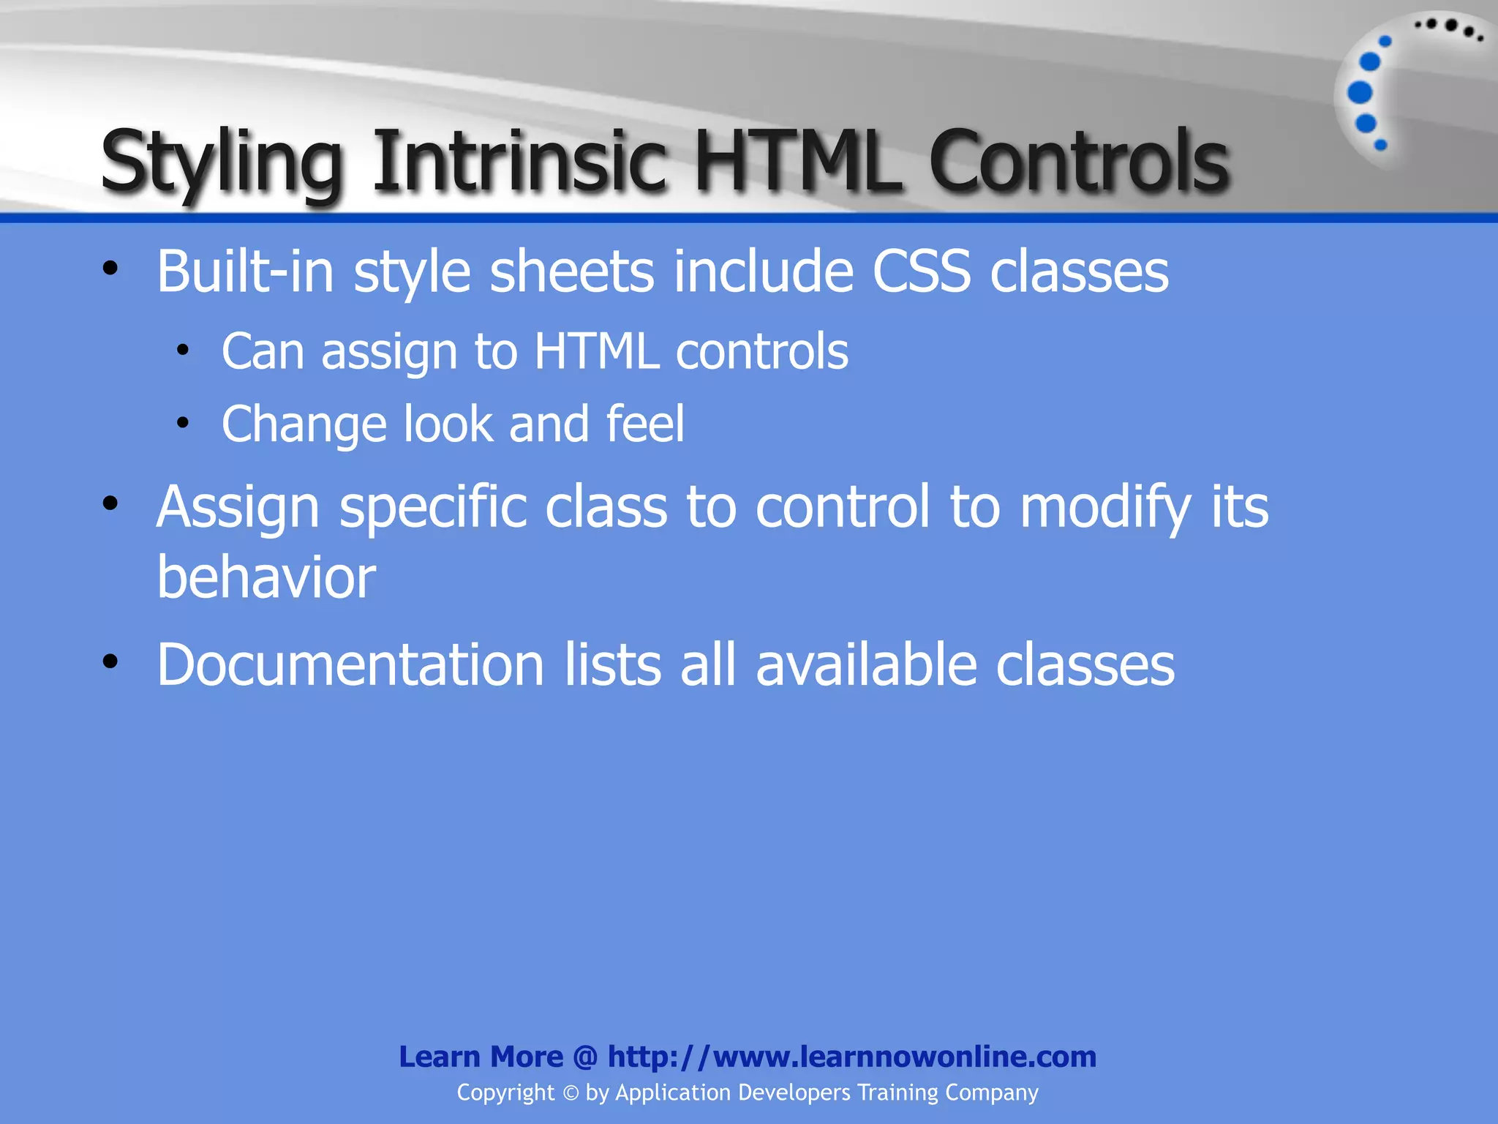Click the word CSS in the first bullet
922,271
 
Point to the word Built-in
246,271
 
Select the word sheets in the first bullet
571,271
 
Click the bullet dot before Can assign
183,351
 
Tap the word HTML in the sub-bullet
596,351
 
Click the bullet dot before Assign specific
110,503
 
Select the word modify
1105,506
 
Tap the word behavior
266,577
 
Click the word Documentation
350,664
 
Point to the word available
866,664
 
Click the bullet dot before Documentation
110,662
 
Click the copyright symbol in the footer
571,1093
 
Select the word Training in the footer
897,1093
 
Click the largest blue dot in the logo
1360,93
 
